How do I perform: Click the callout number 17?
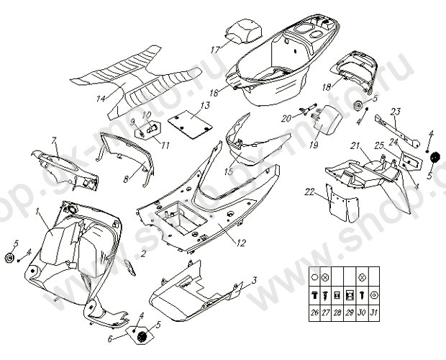point(214,50)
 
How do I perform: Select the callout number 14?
point(101,98)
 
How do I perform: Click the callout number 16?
point(214,93)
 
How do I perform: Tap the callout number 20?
point(286,117)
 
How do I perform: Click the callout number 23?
point(395,111)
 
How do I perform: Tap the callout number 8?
point(126,178)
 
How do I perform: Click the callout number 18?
point(326,87)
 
